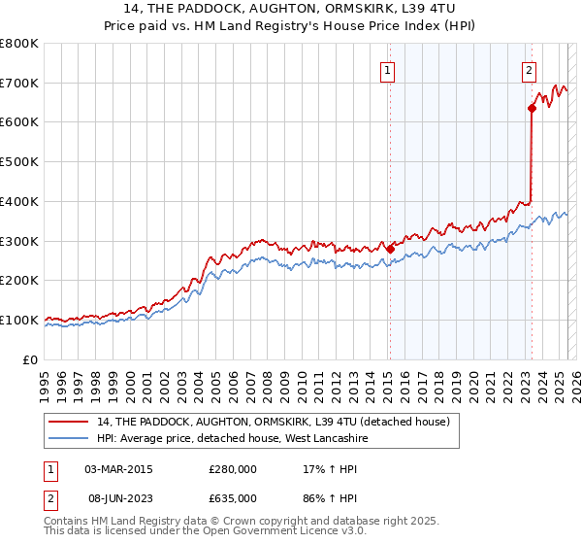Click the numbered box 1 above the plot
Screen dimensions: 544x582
tap(387, 69)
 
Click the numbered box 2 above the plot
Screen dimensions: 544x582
tap(529, 69)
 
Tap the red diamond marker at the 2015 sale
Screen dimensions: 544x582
tap(390, 249)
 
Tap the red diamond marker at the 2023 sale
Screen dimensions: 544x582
tap(532, 108)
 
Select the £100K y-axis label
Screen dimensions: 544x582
tap(19, 320)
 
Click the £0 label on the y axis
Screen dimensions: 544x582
tap(30, 359)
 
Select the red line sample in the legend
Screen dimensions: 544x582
tap(70, 423)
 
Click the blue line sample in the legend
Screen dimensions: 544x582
tap(70, 439)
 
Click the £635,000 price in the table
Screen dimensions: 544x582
tap(233, 497)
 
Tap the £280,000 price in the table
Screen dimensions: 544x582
tap(233, 469)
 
